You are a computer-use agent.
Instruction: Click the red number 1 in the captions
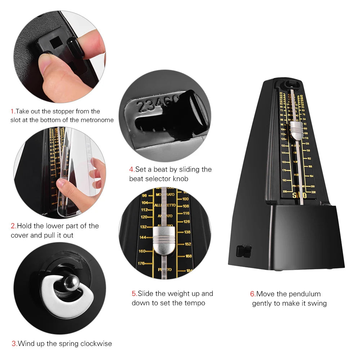point(12,111)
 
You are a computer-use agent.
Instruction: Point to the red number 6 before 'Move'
point(253,294)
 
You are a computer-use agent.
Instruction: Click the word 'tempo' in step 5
point(195,303)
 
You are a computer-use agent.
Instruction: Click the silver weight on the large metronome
point(296,130)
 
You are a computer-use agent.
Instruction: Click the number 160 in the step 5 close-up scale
point(142,251)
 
